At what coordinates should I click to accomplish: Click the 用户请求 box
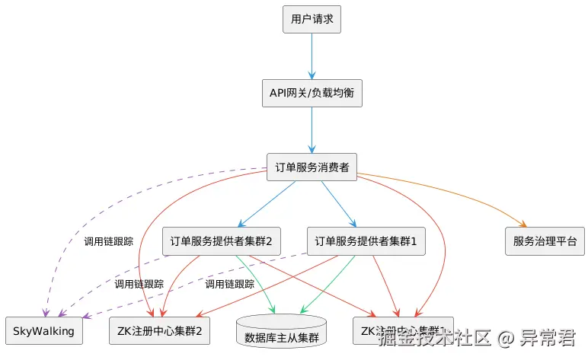[312, 19]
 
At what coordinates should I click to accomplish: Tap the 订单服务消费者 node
[312, 167]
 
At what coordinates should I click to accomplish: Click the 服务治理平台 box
[545, 242]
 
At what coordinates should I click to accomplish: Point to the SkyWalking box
[43, 330]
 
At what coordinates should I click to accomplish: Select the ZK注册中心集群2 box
[160, 330]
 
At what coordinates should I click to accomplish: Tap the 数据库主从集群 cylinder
[282, 333]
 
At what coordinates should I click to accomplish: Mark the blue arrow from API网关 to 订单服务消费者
[312, 129]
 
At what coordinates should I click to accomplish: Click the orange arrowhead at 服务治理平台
[522, 225]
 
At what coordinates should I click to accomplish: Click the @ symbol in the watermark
[507, 336]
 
